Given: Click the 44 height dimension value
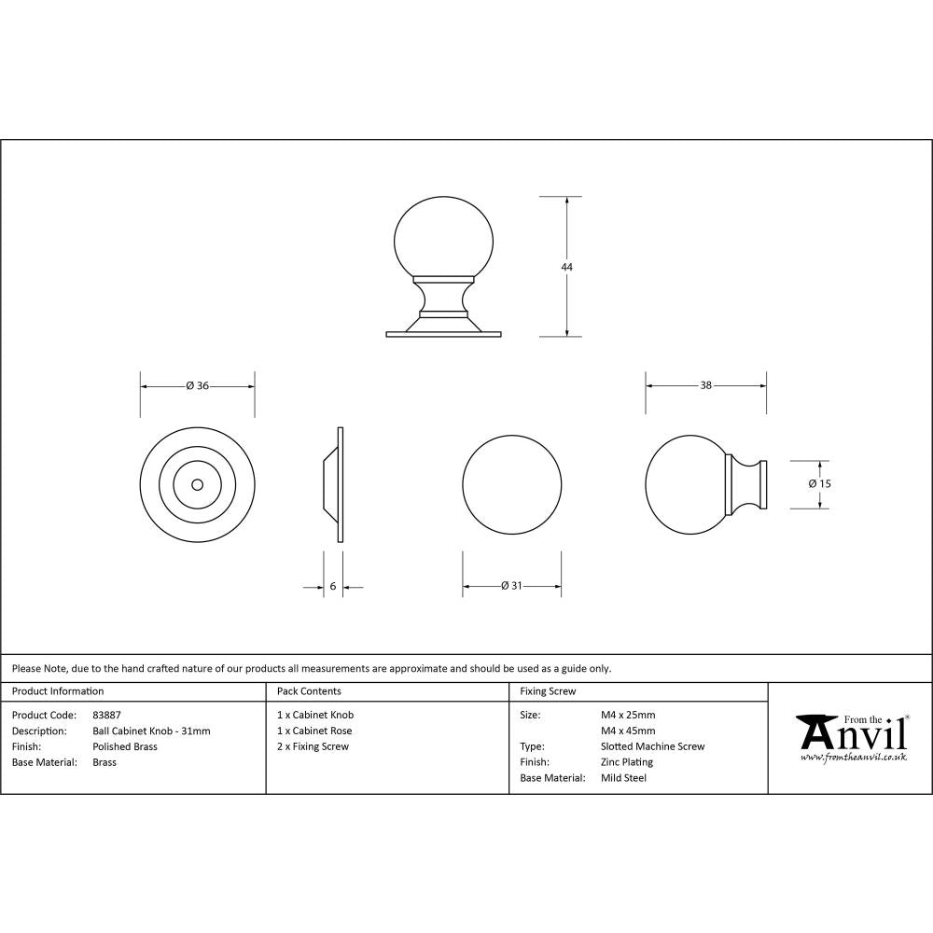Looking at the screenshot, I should tap(566, 267).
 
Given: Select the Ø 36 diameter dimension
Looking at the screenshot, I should tap(197, 385).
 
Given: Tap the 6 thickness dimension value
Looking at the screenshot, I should tap(333, 587).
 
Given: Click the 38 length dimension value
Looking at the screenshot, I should tap(706, 385).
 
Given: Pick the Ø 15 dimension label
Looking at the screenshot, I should tap(820, 483).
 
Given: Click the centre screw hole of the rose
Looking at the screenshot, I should tap(197, 484).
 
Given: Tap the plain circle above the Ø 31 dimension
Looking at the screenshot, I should tap(512, 484).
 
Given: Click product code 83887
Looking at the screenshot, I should tap(107, 715).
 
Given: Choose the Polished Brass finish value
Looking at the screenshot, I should tap(125, 746).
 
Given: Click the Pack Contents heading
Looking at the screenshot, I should tap(309, 691).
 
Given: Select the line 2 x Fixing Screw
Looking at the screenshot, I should tap(313, 746).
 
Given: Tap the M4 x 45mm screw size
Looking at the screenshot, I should tap(628, 731).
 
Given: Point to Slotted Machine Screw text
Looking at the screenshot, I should tap(653, 746).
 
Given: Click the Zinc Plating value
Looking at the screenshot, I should tap(627, 762).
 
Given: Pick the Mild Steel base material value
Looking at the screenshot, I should tap(624, 778).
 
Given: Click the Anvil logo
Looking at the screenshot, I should tap(851, 738).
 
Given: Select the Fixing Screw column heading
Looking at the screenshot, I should tap(548, 691).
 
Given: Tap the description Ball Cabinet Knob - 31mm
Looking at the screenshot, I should tap(151, 731).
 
